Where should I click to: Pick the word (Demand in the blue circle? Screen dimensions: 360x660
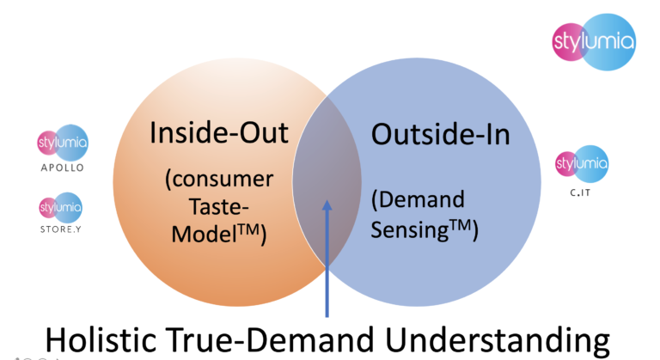[x=418, y=200]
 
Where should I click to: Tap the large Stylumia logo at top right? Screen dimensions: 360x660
[x=593, y=41]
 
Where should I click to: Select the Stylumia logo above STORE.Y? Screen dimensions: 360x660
[x=61, y=207]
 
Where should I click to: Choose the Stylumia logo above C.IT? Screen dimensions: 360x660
[x=581, y=162]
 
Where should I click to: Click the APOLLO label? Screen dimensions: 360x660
[x=62, y=168]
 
